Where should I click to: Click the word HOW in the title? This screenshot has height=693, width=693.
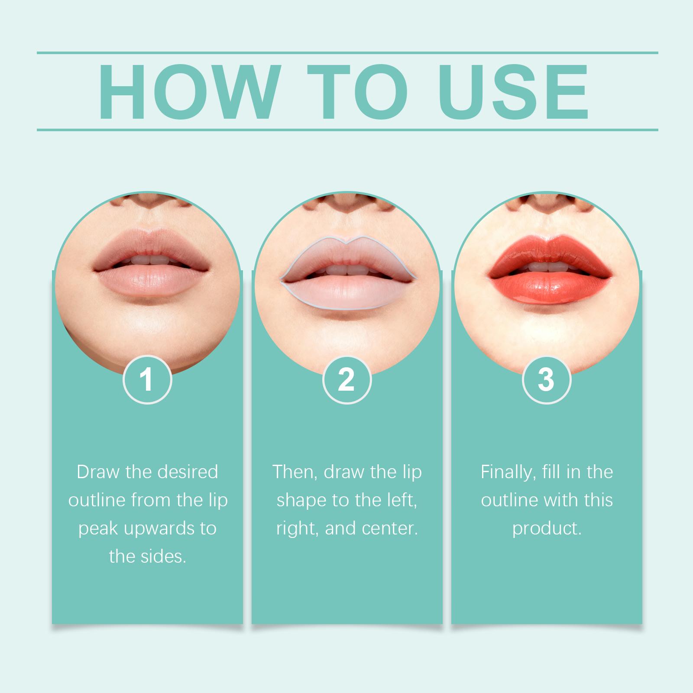pyautogui.click(x=187, y=92)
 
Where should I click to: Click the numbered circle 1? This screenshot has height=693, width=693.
pyautogui.click(x=147, y=380)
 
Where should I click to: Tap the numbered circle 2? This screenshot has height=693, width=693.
pyautogui.click(x=347, y=380)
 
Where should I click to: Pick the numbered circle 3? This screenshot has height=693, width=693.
pyautogui.click(x=547, y=380)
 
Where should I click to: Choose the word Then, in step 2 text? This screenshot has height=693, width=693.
pyautogui.click(x=295, y=472)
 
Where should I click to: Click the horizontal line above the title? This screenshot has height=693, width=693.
pyautogui.click(x=347, y=53)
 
